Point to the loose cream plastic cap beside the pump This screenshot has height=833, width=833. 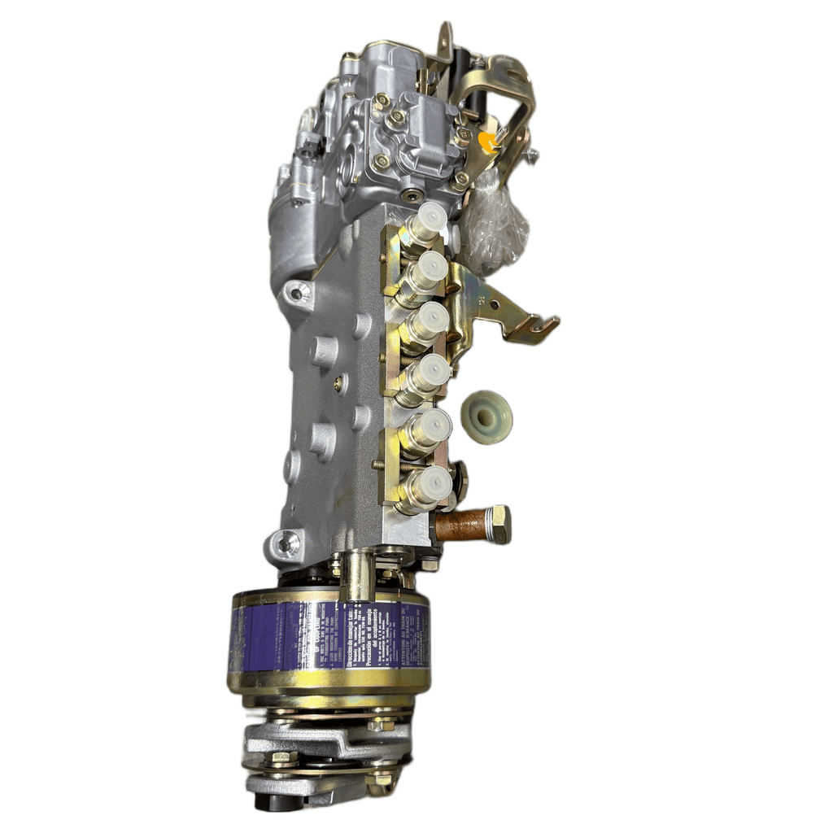pyautogui.click(x=486, y=416)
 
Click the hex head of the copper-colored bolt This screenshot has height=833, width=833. pyautogui.click(x=496, y=524)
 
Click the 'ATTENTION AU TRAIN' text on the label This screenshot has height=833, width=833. pyautogui.click(x=407, y=643)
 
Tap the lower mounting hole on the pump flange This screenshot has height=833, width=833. pyautogui.click(x=287, y=542)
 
